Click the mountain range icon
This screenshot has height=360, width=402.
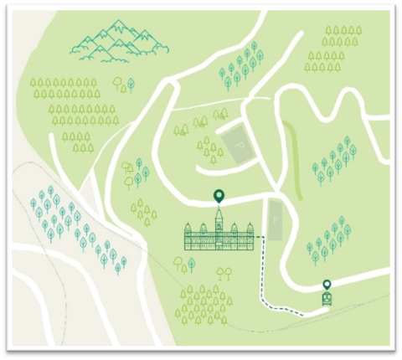click(114, 41)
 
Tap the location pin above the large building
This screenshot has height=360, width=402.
click(219, 197)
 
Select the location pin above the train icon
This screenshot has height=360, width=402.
click(327, 285)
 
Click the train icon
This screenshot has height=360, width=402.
click(327, 298)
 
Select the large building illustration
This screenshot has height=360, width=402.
click(219, 237)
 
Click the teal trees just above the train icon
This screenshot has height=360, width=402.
click(328, 239)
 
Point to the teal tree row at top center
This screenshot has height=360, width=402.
click(241, 64)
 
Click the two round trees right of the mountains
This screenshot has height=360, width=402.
click(125, 85)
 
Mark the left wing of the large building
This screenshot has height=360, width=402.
click(198, 239)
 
